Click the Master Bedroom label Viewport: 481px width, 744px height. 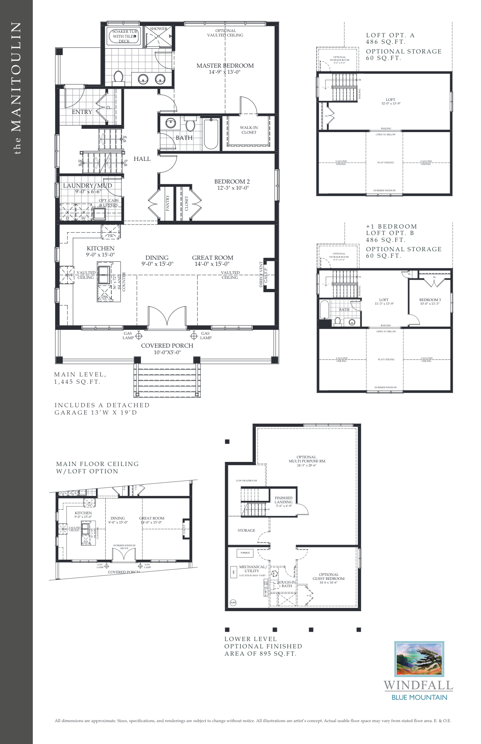tap(225, 66)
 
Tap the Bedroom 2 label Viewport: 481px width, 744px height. tap(232, 182)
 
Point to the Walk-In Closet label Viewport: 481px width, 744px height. tap(249, 130)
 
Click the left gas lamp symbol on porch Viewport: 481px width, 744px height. tap(139, 336)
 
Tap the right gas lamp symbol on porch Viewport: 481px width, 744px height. tap(194, 336)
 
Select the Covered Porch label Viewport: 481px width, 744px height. tap(167, 346)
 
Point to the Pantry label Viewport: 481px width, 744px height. tap(168, 203)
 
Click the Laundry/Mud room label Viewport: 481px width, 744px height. tap(87, 186)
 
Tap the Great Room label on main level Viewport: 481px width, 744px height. tap(213, 258)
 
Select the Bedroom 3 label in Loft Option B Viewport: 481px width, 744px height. tap(430, 300)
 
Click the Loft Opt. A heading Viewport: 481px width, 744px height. tap(390, 35)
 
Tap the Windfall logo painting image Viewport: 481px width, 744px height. tap(419, 658)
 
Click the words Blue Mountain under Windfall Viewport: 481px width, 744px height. tap(419, 697)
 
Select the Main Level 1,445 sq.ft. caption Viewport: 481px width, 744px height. tap(80, 378)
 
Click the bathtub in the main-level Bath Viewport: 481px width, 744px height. tap(211, 134)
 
